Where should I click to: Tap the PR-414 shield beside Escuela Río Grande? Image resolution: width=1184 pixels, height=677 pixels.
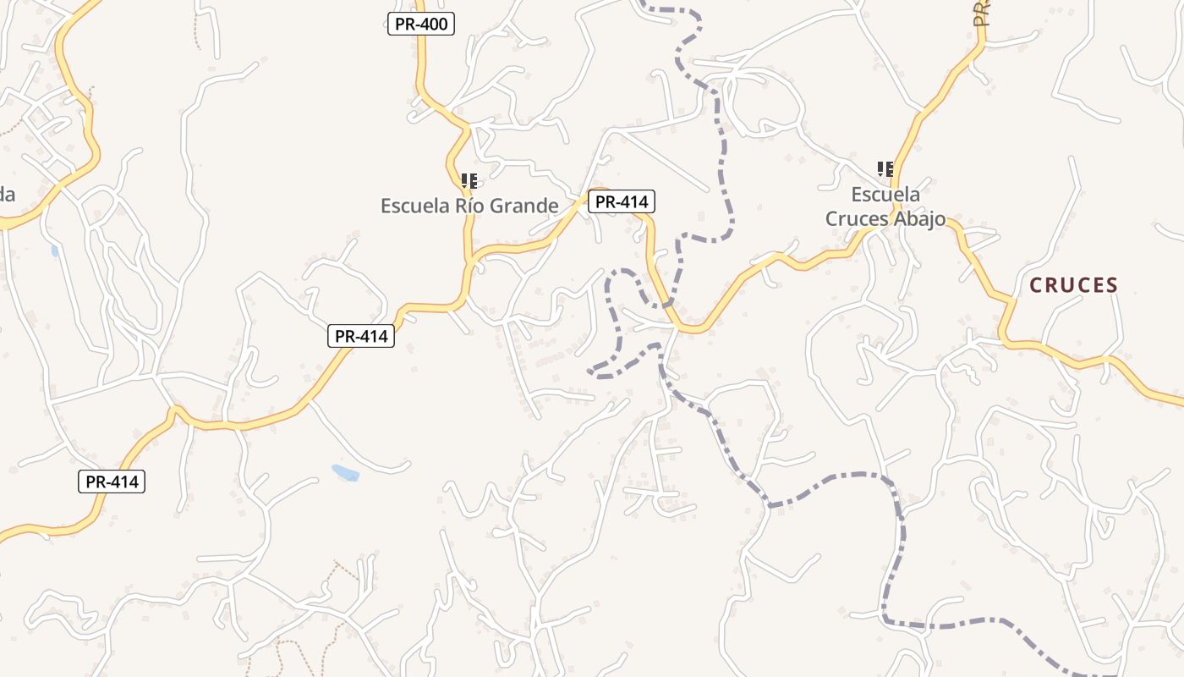(x=622, y=201)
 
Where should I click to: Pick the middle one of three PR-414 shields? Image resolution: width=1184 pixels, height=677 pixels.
(x=361, y=336)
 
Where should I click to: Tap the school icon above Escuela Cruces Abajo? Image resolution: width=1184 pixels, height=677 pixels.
(x=885, y=168)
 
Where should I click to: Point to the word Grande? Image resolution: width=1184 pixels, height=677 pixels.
(x=533, y=206)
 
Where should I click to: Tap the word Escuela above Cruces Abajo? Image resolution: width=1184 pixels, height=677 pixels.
(x=885, y=195)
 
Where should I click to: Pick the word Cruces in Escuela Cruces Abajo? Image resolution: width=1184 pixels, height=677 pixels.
(x=857, y=218)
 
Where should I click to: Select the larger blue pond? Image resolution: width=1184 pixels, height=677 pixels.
(x=346, y=472)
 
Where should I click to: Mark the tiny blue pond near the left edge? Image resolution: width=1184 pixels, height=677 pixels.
(x=55, y=250)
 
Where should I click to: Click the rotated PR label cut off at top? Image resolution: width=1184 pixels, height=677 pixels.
(x=981, y=13)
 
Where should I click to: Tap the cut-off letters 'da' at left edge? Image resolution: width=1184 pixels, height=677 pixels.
(x=7, y=195)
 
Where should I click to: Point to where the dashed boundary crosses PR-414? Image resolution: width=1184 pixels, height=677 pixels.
(x=668, y=302)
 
